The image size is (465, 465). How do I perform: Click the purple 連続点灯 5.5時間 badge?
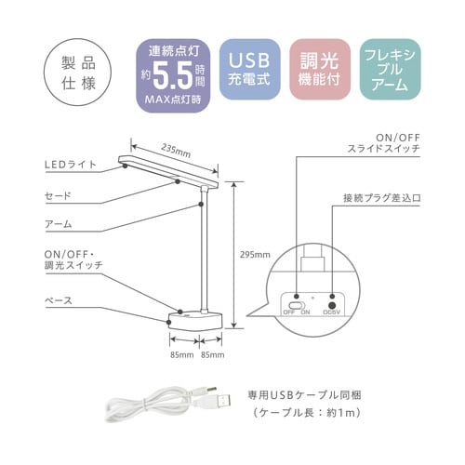click(173, 75)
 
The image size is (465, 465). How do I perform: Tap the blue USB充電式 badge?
click(249, 70)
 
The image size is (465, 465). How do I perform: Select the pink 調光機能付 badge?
click(320, 70)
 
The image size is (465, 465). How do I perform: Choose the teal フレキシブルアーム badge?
click(390, 70)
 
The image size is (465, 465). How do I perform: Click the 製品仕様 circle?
click(77, 73)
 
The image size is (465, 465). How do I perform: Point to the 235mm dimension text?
click(176, 151)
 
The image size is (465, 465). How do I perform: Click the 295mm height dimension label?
click(255, 255)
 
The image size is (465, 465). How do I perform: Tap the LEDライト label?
click(71, 165)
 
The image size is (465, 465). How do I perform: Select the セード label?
click(58, 196)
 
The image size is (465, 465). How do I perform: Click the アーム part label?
click(59, 224)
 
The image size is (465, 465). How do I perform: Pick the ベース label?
click(59, 300)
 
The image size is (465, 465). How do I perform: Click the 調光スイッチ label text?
click(73, 265)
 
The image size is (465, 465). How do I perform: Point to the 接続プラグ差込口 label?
click(382, 198)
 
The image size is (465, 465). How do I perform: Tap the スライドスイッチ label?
click(383, 148)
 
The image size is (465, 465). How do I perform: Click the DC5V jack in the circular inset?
click(333, 305)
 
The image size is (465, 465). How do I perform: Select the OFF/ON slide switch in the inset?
click(297, 305)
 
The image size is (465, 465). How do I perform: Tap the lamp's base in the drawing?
click(195, 321)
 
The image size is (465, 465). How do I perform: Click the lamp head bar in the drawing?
click(168, 171)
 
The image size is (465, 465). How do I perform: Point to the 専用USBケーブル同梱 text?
click(304, 395)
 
